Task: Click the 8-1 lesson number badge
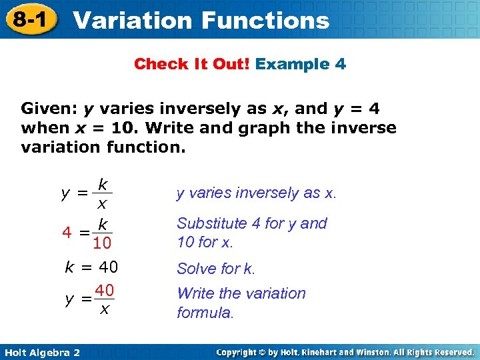29,19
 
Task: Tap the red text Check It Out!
192,64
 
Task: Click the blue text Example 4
301,64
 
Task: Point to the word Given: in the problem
50,108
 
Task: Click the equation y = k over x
87,193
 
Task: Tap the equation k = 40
91,268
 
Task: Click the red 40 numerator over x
103,291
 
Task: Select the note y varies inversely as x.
257,193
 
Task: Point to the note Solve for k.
216,269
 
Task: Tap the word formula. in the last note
205,312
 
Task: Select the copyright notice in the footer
345,352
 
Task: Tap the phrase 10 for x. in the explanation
205,242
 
